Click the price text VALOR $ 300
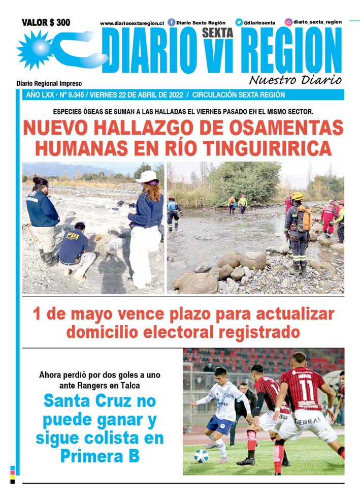tap(46, 22)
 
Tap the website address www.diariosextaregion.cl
tap(132, 23)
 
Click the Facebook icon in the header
tap(171, 22)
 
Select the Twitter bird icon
tap(239, 22)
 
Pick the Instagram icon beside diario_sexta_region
tap(288, 22)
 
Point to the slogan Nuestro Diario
tap(295, 80)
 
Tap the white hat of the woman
tap(147, 176)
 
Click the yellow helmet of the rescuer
tap(297, 196)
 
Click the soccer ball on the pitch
tap(201, 456)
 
